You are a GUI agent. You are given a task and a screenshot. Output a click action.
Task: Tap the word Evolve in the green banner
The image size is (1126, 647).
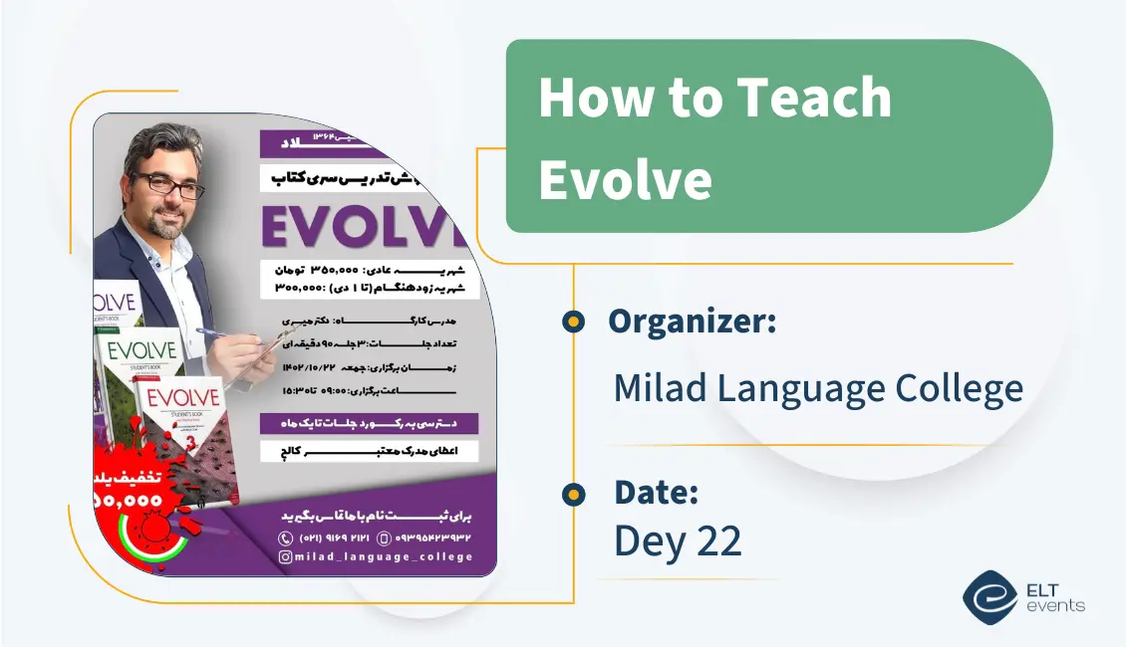click(x=625, y=179)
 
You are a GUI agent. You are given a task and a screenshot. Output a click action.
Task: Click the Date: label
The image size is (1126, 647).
click(x=656, y=492)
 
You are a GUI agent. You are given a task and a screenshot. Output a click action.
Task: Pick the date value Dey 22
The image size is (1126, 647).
click(x=678, y=540)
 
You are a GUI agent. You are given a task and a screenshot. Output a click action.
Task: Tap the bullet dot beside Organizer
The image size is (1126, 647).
click(x=572, y=321)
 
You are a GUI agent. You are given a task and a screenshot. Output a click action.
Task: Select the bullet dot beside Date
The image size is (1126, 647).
click(x=572, y=493)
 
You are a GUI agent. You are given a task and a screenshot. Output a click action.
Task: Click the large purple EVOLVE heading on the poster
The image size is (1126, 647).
click(x=365, y=227)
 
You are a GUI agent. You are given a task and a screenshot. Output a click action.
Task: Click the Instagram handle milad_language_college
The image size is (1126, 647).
click(x=384, y=556)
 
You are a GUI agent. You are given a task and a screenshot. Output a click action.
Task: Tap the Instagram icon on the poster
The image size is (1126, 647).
click(x=285, y=556)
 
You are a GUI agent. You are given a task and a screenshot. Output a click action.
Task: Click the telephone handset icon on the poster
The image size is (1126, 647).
click(x=285, y=538)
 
